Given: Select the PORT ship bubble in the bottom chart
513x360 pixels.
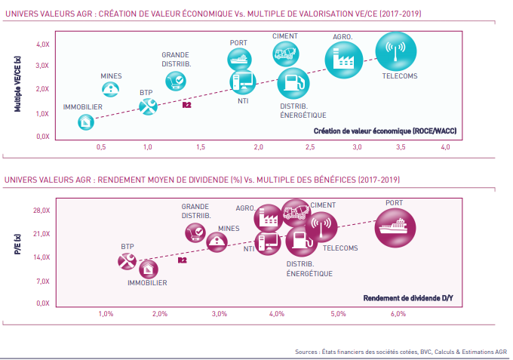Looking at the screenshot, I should pos(395,226).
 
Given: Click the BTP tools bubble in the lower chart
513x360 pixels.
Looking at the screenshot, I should pos(127,261).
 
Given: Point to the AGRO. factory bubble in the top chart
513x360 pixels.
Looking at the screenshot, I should pos(345,60).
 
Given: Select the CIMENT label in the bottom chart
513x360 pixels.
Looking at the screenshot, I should pos(323,205).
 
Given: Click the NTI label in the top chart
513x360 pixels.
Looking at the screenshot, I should pos(243,100).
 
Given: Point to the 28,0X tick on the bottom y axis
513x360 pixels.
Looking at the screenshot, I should pos(41,211).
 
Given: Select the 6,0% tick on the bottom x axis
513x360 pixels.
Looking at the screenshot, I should pos(398,313).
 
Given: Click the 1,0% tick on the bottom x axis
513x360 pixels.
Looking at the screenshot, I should pos(106,313).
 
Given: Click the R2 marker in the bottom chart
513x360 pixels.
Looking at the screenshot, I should pos(182,260).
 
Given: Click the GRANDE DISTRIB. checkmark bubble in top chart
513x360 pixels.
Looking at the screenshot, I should pos(175,78).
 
